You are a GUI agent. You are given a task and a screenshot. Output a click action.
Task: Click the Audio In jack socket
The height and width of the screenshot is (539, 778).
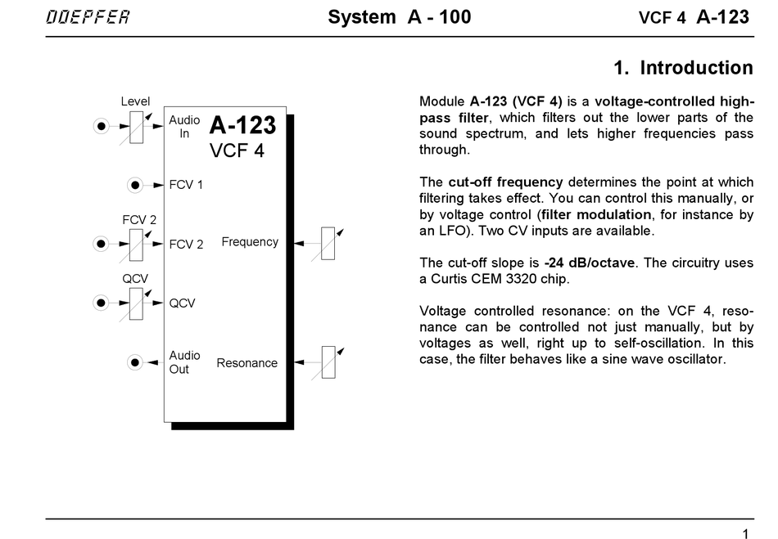coord(101,127)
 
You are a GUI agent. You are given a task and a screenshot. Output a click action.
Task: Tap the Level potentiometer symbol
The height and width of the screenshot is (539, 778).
coord(135,127)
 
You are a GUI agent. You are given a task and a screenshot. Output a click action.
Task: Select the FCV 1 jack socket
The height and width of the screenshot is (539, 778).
coord(135,185)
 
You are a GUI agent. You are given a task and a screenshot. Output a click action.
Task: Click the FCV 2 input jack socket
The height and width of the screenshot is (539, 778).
coord(101,244)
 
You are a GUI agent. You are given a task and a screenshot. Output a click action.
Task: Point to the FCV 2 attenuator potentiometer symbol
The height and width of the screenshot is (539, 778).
coord(135,244)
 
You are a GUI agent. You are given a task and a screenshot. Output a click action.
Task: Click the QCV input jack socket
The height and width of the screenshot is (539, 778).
coord(101,303)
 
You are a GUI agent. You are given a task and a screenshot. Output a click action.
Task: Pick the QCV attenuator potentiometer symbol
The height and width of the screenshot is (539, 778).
coord(135,303)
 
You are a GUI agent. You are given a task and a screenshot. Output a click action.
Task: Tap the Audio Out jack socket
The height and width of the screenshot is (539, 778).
coord(135,362)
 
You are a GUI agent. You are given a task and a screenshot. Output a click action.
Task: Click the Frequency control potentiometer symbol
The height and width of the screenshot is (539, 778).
coord(328,242)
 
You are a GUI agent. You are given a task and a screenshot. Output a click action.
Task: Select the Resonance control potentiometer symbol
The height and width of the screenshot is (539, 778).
coord(328,362)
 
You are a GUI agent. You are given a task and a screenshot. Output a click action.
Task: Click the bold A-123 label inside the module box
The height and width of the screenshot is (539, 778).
coord(242,125)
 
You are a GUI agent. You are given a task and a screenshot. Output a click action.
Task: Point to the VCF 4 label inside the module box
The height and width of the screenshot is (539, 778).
coord(237,150)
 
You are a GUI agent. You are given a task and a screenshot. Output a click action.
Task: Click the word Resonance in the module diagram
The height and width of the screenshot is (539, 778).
coord(247,363)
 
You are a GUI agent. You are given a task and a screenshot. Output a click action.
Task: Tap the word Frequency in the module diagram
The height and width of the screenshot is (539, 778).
coord(250,242)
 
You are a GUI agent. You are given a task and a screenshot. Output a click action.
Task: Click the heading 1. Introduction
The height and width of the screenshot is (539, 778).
coord(683,67)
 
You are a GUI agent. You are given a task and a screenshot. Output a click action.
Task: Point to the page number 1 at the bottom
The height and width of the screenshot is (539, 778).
coord(745,533)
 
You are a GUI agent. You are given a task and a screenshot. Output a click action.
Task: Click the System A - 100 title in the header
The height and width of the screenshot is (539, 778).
coord(399,17)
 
